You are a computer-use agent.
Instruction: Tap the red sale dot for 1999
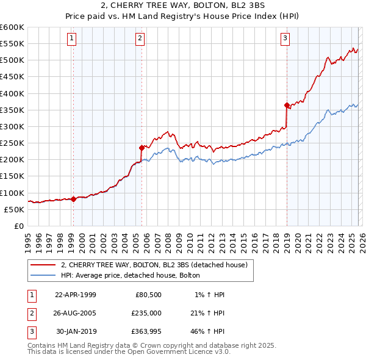click(x=74, y=199)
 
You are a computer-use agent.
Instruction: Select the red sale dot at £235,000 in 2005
click(x=142, y=148)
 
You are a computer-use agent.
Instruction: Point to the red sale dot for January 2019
click(x=287, y=105)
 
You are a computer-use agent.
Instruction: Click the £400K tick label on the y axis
click(x=12, y=93)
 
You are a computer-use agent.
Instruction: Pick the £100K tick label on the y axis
click(x=12, y=193)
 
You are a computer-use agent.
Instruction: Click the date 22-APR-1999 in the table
click(x=76, y=295)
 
